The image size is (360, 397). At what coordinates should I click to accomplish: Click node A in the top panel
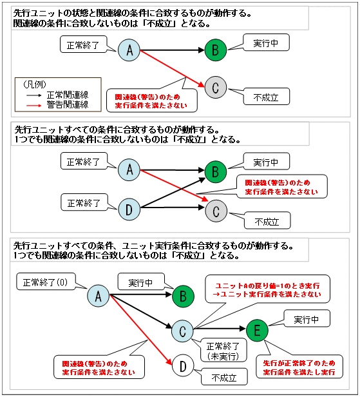point(129,51)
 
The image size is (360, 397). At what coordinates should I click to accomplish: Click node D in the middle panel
point(129,209)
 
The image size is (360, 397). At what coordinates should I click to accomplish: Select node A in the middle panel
point(129,171)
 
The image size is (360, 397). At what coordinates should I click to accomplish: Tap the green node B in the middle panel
point(216,172)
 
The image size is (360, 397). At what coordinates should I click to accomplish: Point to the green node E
point(256,330)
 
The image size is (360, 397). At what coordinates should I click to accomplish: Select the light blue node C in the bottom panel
point(183,331)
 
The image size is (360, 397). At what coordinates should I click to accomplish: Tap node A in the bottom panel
point(98,296)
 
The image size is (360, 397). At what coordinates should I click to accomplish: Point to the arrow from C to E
point(219,331)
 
